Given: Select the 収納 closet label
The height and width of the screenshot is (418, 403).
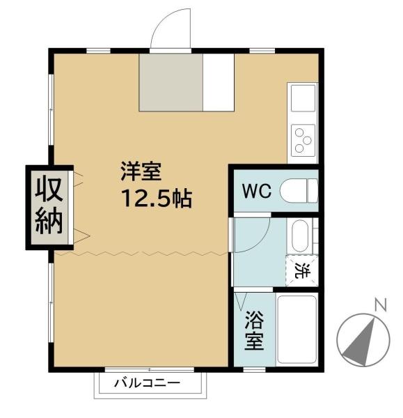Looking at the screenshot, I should click(x=49, y=206).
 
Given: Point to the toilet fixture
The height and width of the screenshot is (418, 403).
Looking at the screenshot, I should click(x=299, y=190).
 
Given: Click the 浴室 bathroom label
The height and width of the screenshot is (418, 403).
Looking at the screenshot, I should click(x=253, y=332).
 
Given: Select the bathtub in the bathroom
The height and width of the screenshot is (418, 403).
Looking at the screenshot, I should click(x=297, y=330).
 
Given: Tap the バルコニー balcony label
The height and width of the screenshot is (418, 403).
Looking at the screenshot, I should click(x=147, y=383).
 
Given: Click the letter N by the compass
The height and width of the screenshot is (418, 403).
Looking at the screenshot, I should click(x=380, y=304).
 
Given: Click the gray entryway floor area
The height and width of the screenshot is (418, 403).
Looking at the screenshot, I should click(x=170, y=82).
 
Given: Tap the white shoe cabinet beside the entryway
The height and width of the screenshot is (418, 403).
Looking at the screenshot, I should click(x=218, y=82).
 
